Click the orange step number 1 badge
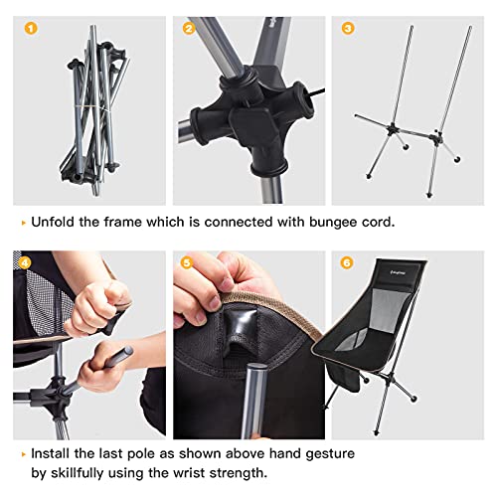(x=29, y=30)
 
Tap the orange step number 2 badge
(x=189, y=29)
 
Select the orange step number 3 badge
(x=347, y=29)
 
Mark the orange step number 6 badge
(x=347, y=263)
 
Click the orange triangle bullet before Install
(x=19, y=454)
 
